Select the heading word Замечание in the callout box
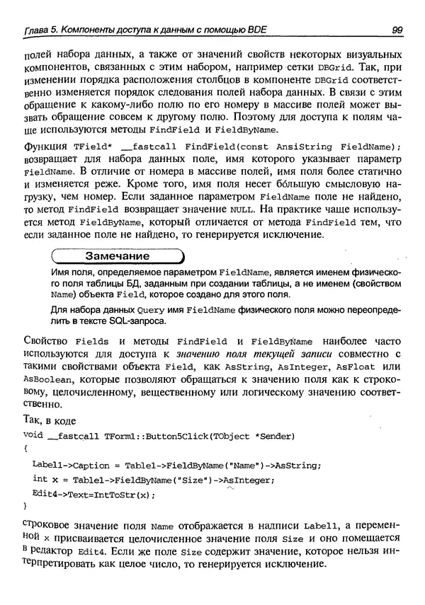point(117,256)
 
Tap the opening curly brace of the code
point(25,449)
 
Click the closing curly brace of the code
point(25,507)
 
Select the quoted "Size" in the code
point(191,479)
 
